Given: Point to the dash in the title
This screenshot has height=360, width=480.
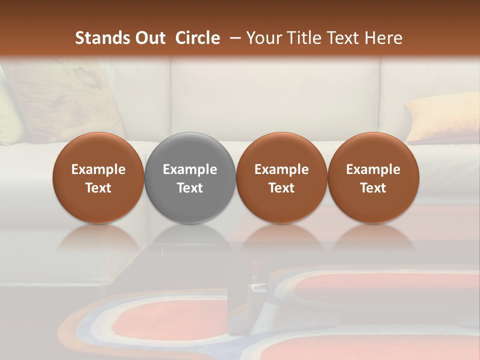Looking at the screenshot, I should [233, 38].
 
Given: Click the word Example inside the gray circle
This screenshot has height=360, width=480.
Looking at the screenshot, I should [190, 169].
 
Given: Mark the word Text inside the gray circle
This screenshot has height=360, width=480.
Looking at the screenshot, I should [190, 188].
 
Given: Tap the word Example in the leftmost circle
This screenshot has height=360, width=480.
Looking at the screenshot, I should [98, 169].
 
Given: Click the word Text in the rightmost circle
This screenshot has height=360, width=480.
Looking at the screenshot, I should [373, 188].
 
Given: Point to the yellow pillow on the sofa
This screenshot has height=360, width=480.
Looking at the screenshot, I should [440, 117].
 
